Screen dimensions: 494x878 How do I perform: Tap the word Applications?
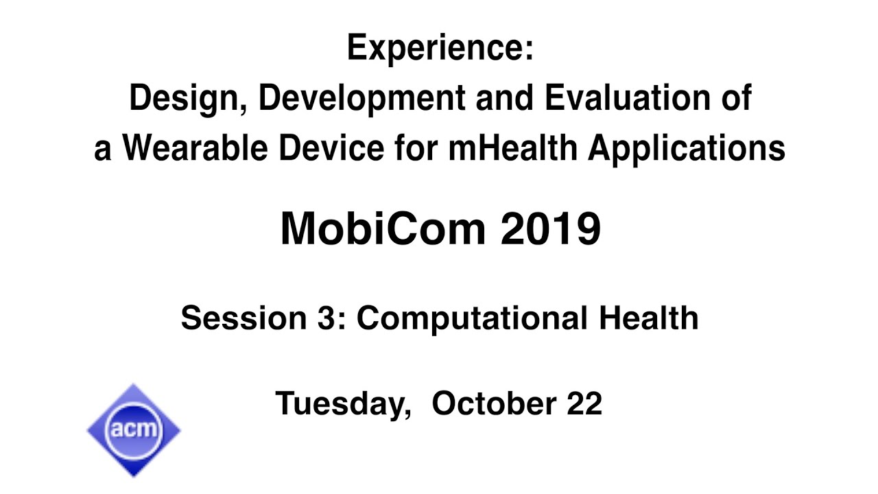point(686,150)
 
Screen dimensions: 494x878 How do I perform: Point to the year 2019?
point(550,229)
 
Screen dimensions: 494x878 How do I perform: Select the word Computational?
point(472,318)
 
